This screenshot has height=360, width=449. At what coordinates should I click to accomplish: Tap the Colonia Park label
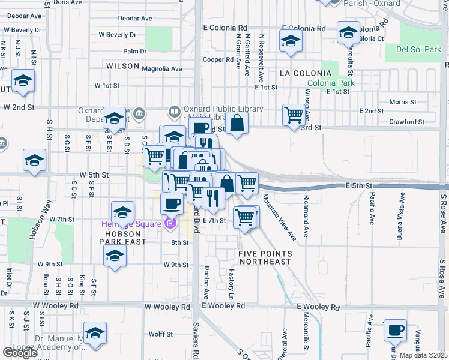tap(330, 83)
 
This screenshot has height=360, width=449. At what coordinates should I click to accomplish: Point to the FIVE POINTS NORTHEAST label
tap(265, 257)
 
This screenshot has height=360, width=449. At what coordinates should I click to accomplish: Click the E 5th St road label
tap(360, 187)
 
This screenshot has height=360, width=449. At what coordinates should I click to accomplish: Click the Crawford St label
tap(406, 122)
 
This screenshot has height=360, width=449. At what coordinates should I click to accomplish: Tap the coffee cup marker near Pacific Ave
tap(395, 331)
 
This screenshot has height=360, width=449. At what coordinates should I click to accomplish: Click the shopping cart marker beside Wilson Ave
tap(294, 114)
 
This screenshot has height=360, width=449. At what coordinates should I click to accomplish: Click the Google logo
tap(19, 353)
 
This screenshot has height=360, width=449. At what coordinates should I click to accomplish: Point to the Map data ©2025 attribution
tap(423, 355)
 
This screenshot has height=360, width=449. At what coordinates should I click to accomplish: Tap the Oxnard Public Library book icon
tap(175, 111)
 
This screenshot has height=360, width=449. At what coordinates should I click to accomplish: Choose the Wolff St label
tap(160, 334)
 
